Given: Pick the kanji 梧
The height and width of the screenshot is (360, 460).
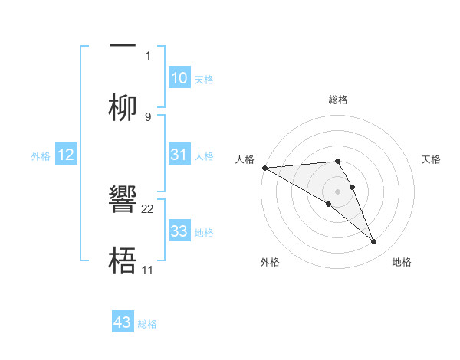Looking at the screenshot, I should (x=123, y=260).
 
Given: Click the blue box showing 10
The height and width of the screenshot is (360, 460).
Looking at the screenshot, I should (x=179, y=78).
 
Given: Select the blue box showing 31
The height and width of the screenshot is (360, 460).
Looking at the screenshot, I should (x=179, y=155).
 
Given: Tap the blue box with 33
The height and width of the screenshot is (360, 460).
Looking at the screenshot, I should (x=179, y=231).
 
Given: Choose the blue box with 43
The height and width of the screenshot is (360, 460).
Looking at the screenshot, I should (x=123, y=322).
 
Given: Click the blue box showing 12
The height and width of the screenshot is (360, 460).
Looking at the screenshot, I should (x=66, y=155).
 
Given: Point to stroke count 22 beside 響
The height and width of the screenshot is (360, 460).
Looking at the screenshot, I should (x=148, y=208).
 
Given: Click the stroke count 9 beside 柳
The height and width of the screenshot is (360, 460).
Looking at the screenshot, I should (x=148, y=116).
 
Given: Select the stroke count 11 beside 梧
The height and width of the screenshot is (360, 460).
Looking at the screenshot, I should (x=148, y=270).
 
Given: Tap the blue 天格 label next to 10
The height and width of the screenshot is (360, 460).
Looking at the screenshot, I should (x=204, y=79).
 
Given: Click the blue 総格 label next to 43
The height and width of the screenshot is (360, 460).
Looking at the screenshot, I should (x=147, y=324).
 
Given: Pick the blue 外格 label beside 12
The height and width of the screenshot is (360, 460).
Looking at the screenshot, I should (x=41, y=155).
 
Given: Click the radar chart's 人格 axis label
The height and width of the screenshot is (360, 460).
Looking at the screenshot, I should (x=245, y=159).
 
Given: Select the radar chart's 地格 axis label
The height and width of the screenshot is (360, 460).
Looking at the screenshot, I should (x=402, y=262).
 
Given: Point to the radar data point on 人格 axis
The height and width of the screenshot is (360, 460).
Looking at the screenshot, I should (x=264, y=168).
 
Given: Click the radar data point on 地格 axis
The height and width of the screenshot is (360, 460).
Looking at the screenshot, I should (x=374, y=242).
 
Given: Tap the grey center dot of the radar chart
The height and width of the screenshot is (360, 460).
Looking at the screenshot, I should (x=338, y=191).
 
